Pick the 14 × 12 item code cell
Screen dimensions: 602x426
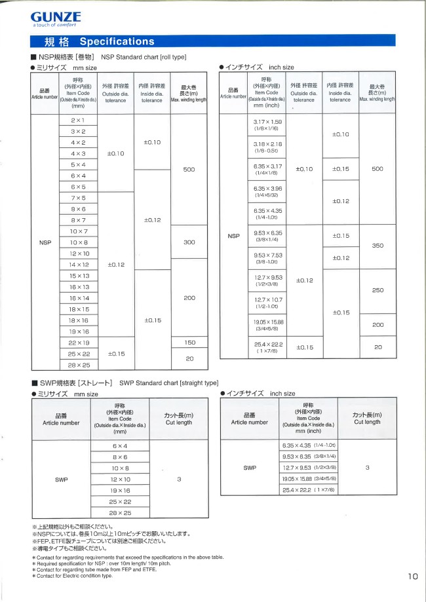point(78,265)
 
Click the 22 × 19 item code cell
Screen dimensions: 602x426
point(78,343)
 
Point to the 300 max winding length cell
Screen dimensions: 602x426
point(189,242)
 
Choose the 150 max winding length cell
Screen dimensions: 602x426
point(189,343)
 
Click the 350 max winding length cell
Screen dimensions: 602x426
point(378,246)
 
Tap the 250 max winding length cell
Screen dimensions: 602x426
point(378,290)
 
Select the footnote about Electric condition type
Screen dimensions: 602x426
point(72,576)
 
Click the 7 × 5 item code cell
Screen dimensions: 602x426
point(78,198)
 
